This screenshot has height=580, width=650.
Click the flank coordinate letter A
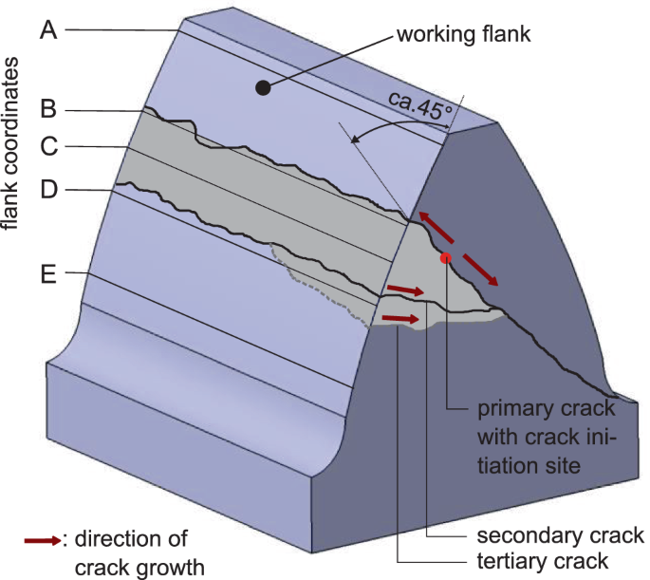click(49, 29)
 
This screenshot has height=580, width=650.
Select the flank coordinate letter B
click(49, 110)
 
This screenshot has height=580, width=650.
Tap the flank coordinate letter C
click(49, 147)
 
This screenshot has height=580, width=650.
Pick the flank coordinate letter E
click(49, 276)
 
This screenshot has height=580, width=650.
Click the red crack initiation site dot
click(445, 257)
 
